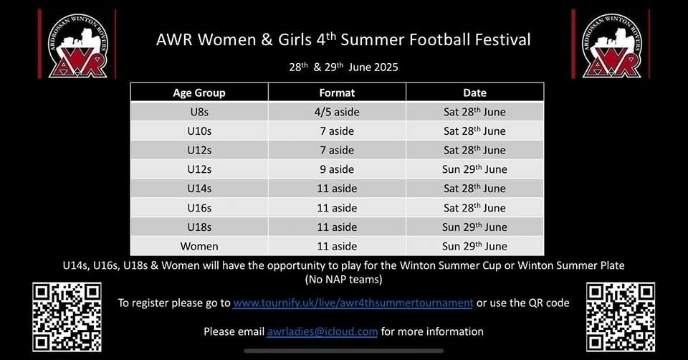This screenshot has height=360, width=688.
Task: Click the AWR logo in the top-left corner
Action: click(x=77, y=44)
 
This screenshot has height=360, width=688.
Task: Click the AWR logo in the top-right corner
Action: click(x=611, y=44)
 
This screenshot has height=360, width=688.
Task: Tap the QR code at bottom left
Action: click(x=67, y=318)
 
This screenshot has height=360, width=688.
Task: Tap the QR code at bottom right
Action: click(x=621, y=318)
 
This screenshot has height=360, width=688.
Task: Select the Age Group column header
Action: click(x=199, y=93)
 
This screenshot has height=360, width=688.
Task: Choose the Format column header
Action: click(x=337, y=93)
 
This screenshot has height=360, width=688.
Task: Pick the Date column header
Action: click(x=474, y=93)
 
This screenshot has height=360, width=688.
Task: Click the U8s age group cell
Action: click(x=199, y=112)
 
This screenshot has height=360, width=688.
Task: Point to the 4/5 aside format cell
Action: click(x=337, y=112)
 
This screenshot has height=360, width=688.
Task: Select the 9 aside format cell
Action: click(x=337, y=169)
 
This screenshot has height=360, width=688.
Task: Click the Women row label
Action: click(x=199, y=246)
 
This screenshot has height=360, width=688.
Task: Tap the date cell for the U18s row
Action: click(x=474, y=227)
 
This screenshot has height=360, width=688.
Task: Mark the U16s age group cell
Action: click(x=199, y=208)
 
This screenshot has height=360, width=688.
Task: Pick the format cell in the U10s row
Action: click(x=337, y=131)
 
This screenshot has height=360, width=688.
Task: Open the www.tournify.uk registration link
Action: click(x=353, y=303)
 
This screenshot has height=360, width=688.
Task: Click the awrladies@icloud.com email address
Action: click(x=322, y=331)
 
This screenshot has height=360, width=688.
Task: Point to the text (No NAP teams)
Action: click(x=343, y=278)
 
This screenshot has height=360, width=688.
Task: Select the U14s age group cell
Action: click(x=199, y=189)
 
